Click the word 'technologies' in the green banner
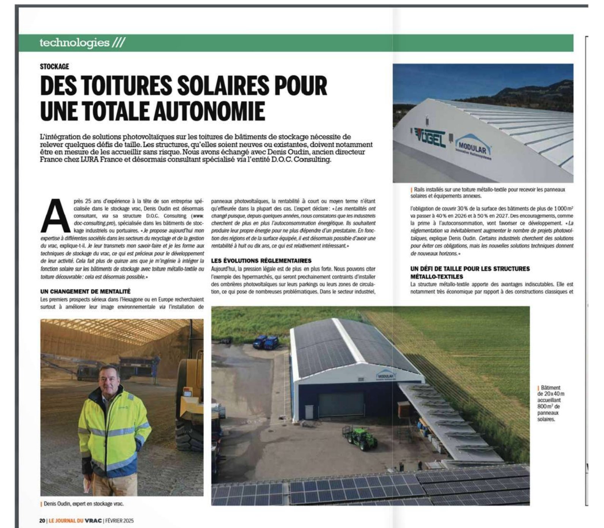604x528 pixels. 74,42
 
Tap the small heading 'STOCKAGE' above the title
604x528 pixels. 55,66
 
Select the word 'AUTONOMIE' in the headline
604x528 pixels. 205,111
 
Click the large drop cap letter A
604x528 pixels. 55,215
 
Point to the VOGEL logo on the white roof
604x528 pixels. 428,138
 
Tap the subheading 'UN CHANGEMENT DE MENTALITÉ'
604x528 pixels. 85,291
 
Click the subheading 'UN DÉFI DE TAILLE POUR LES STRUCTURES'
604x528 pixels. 470,269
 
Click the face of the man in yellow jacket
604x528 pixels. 109,378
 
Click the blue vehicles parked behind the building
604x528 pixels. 265,342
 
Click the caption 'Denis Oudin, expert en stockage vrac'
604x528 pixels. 83,504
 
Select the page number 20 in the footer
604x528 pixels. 42,520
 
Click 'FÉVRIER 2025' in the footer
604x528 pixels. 120,520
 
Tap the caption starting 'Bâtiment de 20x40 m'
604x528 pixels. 551,403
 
